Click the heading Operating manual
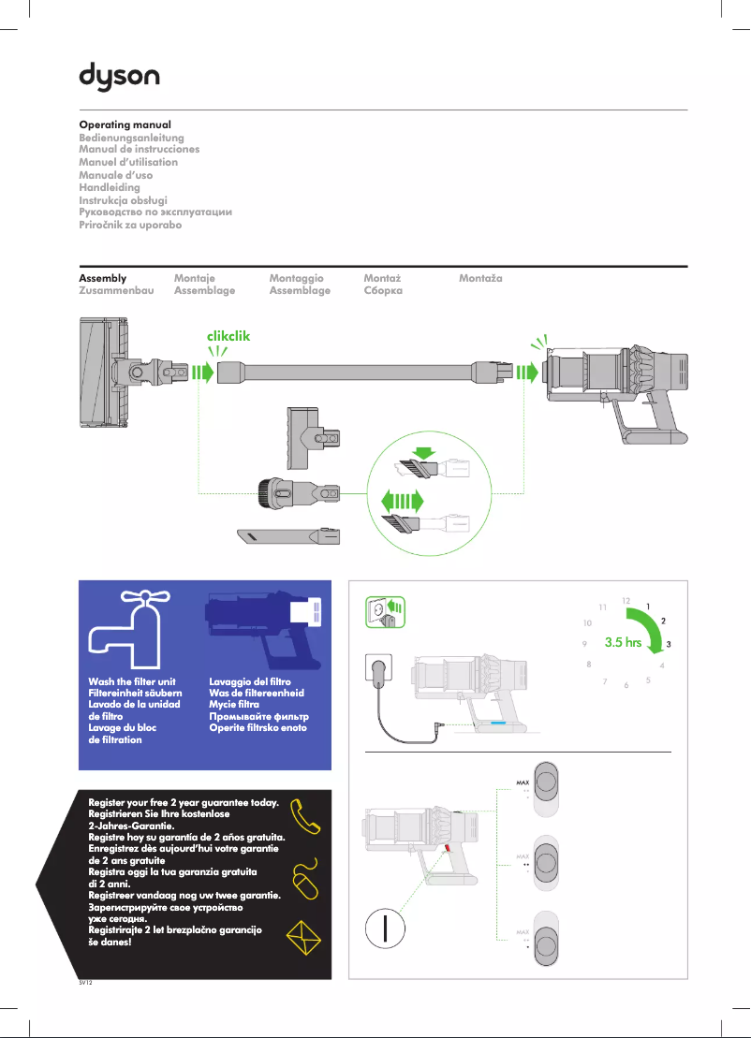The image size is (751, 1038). [x=125, y=124]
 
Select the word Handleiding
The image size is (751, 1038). [x=110, y=187]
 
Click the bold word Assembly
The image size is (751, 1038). [x=102, y=279]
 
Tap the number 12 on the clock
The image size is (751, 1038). [x=626, y=600]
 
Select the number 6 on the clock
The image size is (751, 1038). [x=626, y=686]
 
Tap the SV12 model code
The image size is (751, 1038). [x=85, y=984]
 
